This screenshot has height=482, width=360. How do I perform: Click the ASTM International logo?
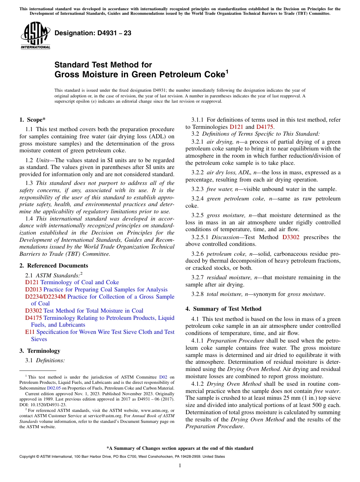(x=35, y=35)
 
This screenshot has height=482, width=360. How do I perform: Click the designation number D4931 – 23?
(x=93, y=33)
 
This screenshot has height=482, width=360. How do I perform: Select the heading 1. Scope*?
(x=33, y=120)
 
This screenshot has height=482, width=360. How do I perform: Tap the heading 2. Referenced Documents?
(x=54, y=266)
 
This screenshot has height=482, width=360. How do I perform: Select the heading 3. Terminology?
(x=40, y=351)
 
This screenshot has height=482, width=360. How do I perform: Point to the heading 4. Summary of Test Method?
(x=224, y=309)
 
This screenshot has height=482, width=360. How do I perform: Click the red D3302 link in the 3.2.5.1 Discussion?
(x=291, y=237)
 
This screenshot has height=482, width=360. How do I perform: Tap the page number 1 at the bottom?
(x=180, y=465)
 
